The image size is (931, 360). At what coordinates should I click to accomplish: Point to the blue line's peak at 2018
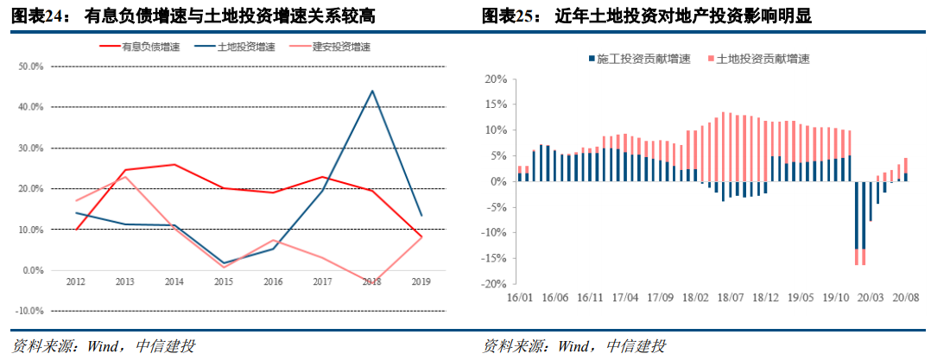point(372,91)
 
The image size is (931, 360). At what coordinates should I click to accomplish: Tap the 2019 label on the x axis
point(421,282)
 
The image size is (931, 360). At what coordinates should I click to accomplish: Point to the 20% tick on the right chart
point(496,79)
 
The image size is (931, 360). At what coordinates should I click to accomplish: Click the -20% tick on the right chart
point(494,284)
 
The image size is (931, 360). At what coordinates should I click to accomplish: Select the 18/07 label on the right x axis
point(731,297)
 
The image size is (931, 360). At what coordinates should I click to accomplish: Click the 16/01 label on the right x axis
point(520,297)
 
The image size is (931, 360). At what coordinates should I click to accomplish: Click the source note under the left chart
point(103,347)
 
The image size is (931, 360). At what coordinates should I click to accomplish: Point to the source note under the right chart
point(573,347)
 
